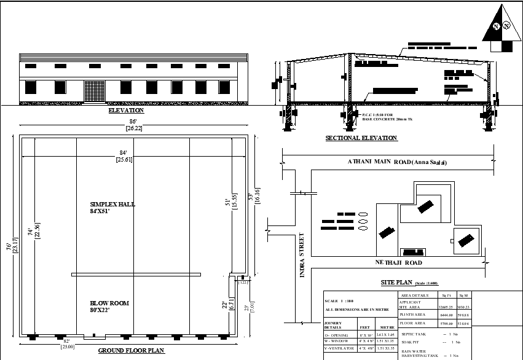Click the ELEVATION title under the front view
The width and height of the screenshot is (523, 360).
click(x=126, y=111)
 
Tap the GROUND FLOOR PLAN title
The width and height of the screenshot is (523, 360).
click(x=132, y=351)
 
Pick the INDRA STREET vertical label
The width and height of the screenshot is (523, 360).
click(x=302, y=254)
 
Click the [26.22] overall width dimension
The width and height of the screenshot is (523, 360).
click(x=134, y=128)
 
